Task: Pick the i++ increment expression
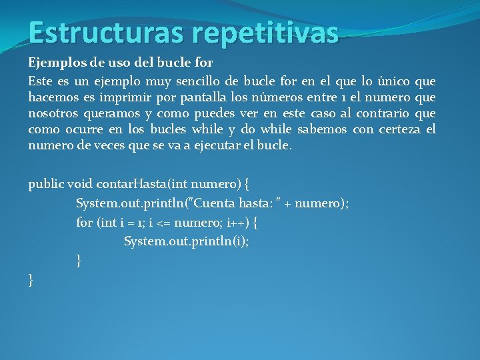click(237, 223)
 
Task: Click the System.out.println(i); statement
click(186, 241)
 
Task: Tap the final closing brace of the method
click(31, 280)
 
